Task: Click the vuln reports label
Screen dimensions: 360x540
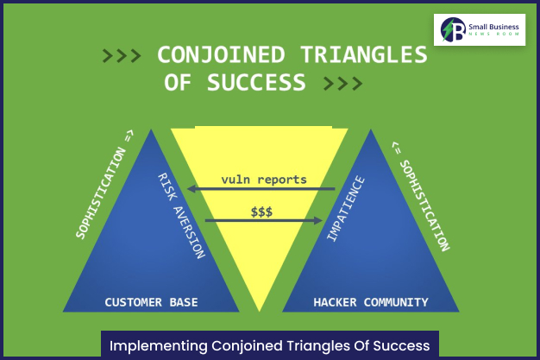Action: [x=263, y=180]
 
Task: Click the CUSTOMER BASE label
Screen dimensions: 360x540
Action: [x=151, y=302]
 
